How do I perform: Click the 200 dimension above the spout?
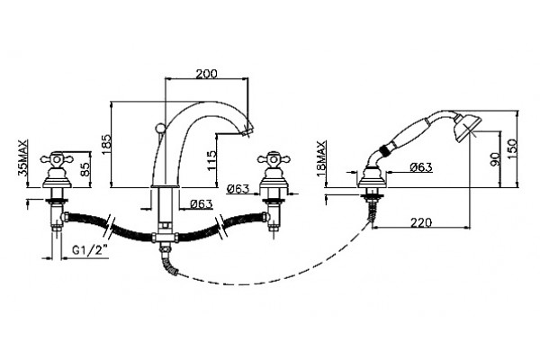pyautogui.click(x=207, y=74)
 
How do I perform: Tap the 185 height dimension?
pyautogui.click(x=106, y=144)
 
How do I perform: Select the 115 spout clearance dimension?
pyautogui.click(x=212, y=160)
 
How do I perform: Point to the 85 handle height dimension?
pyautogui.click(x=85, y=169)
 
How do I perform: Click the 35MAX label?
pyautogui.click(x=22, y=157)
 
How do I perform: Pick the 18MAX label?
pyautogui.click(x=321, y=158)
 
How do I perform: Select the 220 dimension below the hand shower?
pyautogui.click(x=421, y=222)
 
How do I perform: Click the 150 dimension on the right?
pyautogui.click(x=512, y=148)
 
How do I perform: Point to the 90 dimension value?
pyautogui.click(x=495, y=159)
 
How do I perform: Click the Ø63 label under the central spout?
pyautogui.click(x=201, y=204)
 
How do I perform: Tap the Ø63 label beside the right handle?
pyautogui.click(x=238, y=188)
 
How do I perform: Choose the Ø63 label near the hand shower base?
pyautogui.click(x=421, y=167)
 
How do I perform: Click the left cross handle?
pyautogui.click(x=57, y=159)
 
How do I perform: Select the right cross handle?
pyautogui.click(x=274, y=159)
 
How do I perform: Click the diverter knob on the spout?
pyautogui.click(x=159, y=128)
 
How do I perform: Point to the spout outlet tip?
pyautogui.click(x=247, y=132)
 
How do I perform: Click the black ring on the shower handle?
pyautogui.click(x=384, y=150)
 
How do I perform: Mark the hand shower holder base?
pyautogui.click(x=372, y=178)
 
